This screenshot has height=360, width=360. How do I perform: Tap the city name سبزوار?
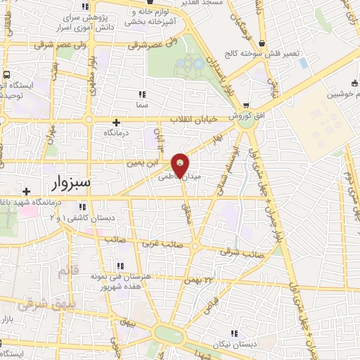72,184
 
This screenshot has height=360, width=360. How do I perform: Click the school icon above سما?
142,94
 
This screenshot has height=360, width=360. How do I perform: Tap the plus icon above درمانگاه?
116,122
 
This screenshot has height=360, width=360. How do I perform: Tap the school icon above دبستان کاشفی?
83,207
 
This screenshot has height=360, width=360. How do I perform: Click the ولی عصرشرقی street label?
154,46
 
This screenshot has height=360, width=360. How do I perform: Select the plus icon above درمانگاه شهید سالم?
26,191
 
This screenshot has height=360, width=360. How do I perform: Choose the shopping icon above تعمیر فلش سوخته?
262,42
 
